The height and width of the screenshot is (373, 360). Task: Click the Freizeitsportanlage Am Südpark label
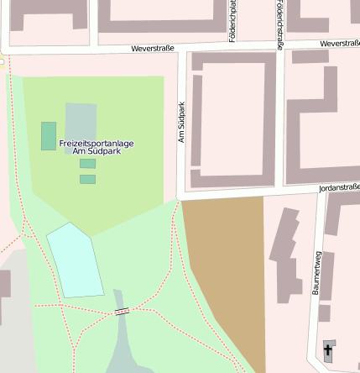click(97, 147)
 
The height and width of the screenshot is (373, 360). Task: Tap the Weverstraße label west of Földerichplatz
click(152, 49)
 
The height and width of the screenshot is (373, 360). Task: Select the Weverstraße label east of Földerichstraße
click(339, 43)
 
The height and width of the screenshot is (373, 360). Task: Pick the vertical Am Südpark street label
click(181, 123)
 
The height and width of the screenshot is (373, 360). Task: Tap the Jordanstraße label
click(339, 187)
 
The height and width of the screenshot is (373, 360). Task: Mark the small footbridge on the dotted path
click(122, 312)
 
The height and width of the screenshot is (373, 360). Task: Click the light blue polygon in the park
click(76, 260)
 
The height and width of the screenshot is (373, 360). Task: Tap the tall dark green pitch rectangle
click(49, 135)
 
